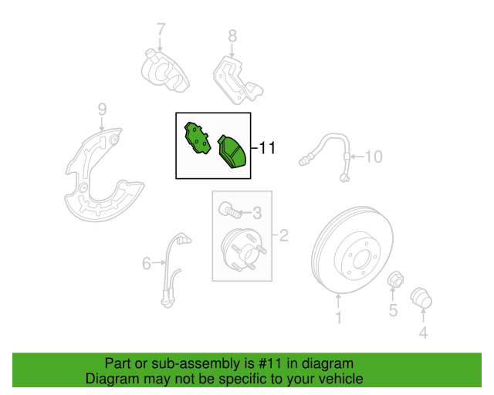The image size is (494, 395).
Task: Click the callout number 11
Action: (267, 147)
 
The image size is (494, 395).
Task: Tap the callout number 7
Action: (161, 29)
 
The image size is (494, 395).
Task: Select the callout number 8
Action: (232, 36)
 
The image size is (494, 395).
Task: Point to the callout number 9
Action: (102, 110)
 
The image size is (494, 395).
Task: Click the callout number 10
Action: (374, 157)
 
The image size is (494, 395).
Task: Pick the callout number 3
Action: (257, 213)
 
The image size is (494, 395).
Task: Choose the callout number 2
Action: (283, 235)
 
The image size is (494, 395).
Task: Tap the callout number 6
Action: (147, 263)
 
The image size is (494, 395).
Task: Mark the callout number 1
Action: (339, 318)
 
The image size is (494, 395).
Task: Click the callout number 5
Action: (393, 310)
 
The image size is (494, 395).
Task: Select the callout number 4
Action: (423, 333)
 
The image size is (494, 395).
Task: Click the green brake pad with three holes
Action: (198, 138)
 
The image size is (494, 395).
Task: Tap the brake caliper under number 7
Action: (164, 70)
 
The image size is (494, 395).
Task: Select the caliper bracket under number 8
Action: (238, 81)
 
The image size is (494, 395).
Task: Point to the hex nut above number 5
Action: (395, 279)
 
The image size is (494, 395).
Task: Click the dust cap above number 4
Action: (421, 297)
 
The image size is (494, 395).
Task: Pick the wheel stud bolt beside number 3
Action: (230, 210)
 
